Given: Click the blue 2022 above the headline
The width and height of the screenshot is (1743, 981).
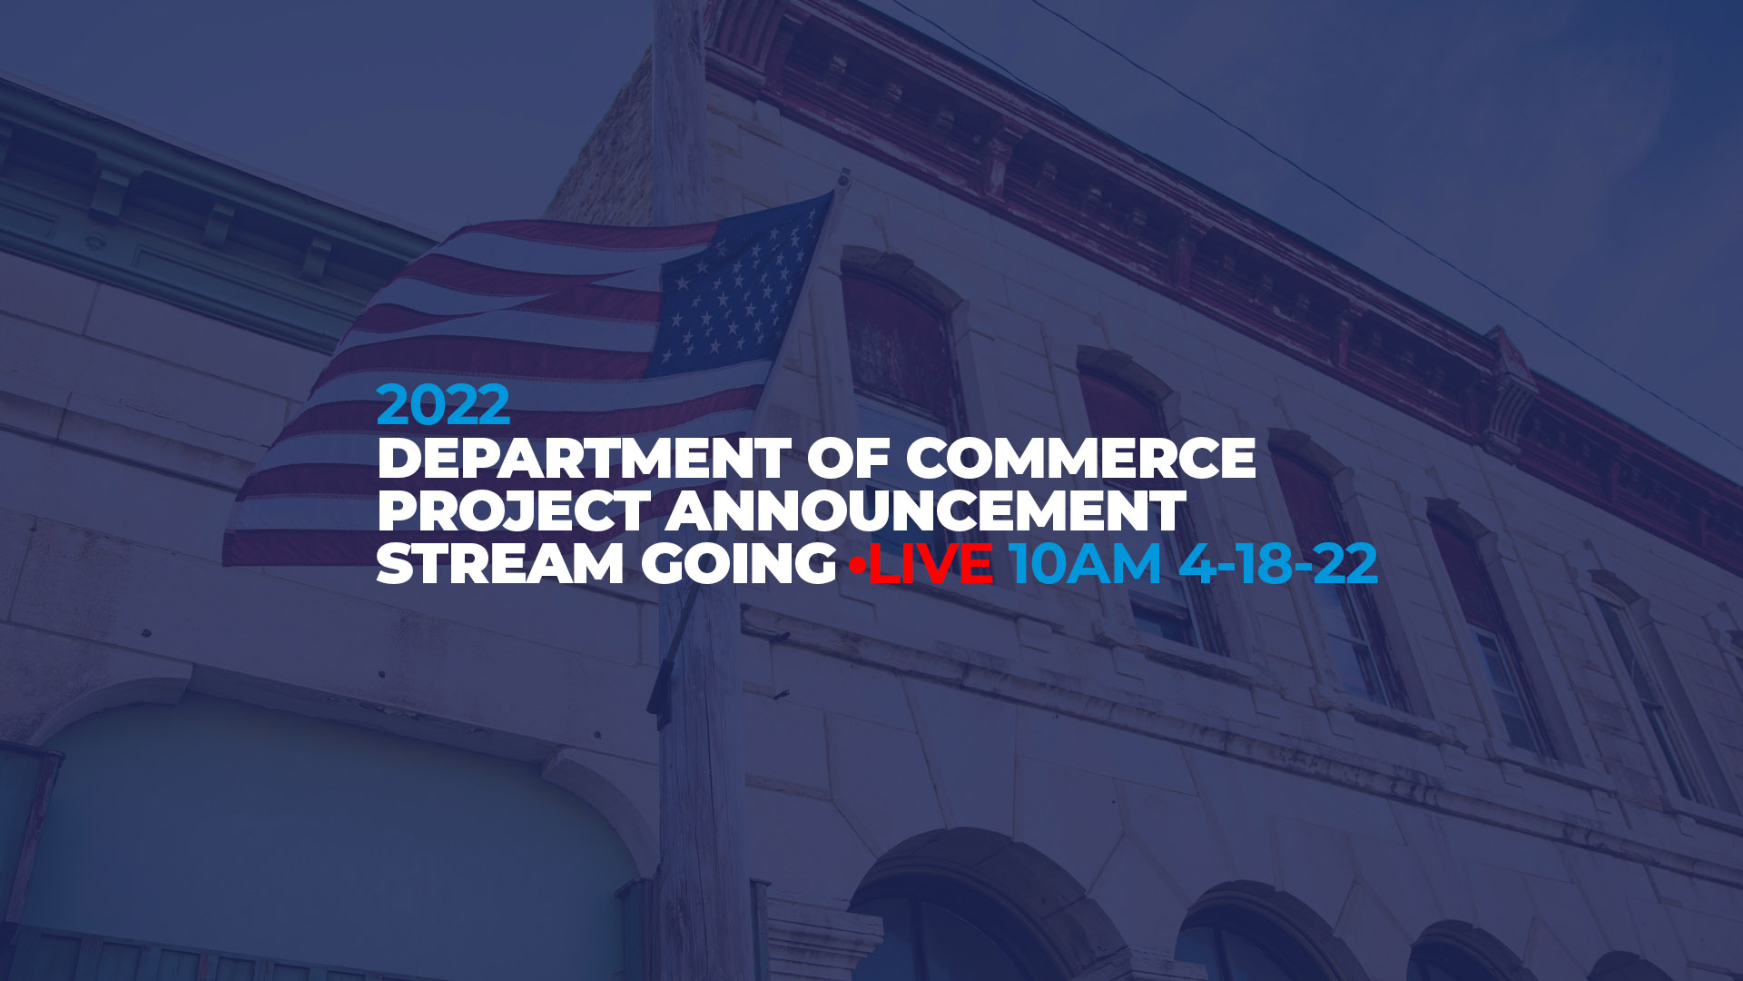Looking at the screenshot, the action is [x=443, y=405].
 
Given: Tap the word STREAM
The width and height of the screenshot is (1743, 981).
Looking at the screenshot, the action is [x=500, y=563].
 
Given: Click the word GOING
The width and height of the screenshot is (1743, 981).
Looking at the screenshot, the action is [x=739, y=563].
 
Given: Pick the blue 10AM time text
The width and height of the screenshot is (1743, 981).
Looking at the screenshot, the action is [x=1085, y=563].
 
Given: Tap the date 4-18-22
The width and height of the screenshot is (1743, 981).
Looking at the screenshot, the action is [x=1278, y=563].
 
